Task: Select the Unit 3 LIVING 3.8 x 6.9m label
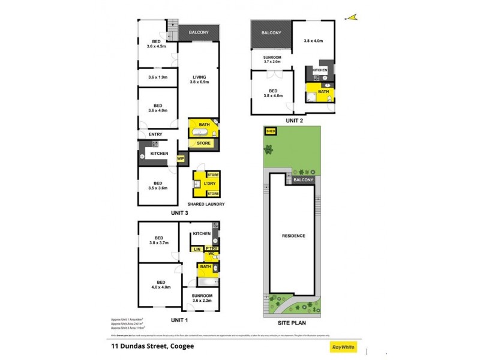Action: [199, 79]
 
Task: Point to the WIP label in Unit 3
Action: [180, 158]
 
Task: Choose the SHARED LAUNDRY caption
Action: [207, 204]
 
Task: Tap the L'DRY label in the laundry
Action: [210, 183]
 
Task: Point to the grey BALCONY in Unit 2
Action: [271, 33]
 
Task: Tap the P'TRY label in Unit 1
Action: [211, 248]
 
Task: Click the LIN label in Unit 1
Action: [196, 248]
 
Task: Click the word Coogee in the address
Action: [181, 346]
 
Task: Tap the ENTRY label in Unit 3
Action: [156, 134]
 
